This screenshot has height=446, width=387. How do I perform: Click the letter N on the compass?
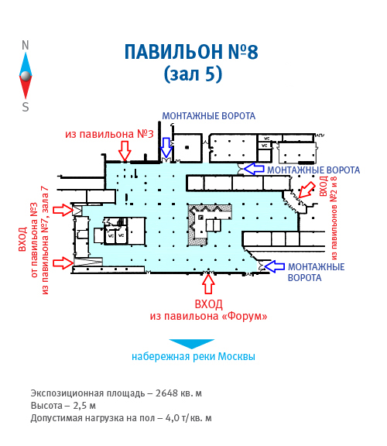(26, 45)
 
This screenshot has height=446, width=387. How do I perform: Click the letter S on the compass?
(26, 107)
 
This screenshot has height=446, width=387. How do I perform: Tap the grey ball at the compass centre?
(26, 76)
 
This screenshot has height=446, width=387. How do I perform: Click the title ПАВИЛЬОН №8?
(191, 52)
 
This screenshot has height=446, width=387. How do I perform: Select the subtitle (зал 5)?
(193, 74)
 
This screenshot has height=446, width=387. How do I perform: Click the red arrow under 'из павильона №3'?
(125, 151)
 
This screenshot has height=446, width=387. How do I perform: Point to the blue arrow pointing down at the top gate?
(166, 147)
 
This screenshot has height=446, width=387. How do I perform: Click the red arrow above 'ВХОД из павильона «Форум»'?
(208, 283)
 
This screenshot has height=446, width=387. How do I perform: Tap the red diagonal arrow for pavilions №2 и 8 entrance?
(307, 190)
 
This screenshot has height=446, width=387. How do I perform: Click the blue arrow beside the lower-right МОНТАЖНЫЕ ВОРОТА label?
(275, 266)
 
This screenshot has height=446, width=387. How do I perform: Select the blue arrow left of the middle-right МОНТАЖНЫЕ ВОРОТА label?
(254, 169)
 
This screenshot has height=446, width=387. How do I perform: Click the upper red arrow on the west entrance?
(63, 210)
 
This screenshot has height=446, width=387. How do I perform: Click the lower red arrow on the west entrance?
(63, 262)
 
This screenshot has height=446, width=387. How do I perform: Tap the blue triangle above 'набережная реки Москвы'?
(192, 344)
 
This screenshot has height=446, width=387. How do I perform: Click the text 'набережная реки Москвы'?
(193, 356)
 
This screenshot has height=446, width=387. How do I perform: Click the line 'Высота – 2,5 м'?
(63, 406)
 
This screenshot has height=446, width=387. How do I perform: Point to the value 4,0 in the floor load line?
(172, 418)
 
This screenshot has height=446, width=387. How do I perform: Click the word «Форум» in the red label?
(245, 316)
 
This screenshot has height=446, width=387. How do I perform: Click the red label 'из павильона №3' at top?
(109, 134)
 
